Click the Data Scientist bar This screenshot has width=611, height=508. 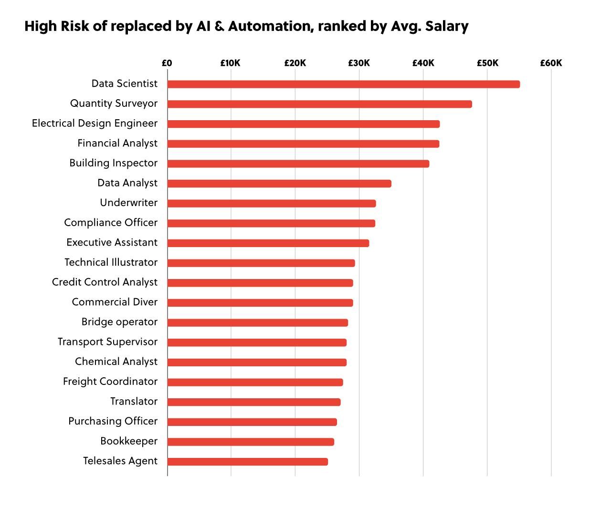[343, 84]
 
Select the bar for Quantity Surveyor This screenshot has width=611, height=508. [319, 104]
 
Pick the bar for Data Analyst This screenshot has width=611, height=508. [279, 184]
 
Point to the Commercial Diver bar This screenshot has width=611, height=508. [260, 303]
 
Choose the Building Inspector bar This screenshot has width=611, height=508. [298, 164]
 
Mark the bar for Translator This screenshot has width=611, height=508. [254, 402]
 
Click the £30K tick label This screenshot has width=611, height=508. [359, 63]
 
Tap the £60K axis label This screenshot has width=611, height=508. [551, 63]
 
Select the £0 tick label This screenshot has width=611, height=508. [167, 63]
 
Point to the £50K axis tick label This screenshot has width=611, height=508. [487, 63]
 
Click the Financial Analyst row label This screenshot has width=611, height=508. [117, 143]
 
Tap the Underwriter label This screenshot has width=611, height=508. [128, 203]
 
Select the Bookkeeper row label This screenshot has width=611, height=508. [128, 441]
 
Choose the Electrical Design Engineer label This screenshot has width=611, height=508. [95, 124]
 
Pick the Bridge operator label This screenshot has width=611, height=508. [119, 322]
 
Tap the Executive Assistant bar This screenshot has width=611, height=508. [268, 243]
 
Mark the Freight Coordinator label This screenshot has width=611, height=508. [110, 382]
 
